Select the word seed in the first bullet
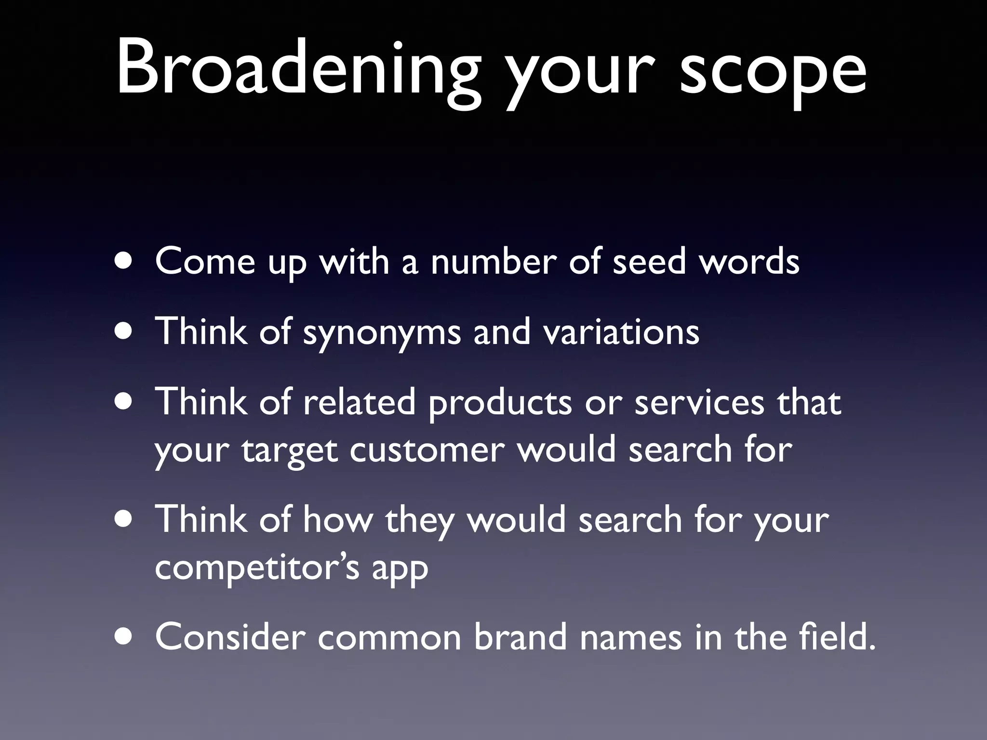[649, 262]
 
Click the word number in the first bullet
[493, 262]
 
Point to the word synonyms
[382, 332]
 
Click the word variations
[621, 332]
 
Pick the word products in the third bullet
[500, 403]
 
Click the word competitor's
[257, 568]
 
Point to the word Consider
[230, 637]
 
